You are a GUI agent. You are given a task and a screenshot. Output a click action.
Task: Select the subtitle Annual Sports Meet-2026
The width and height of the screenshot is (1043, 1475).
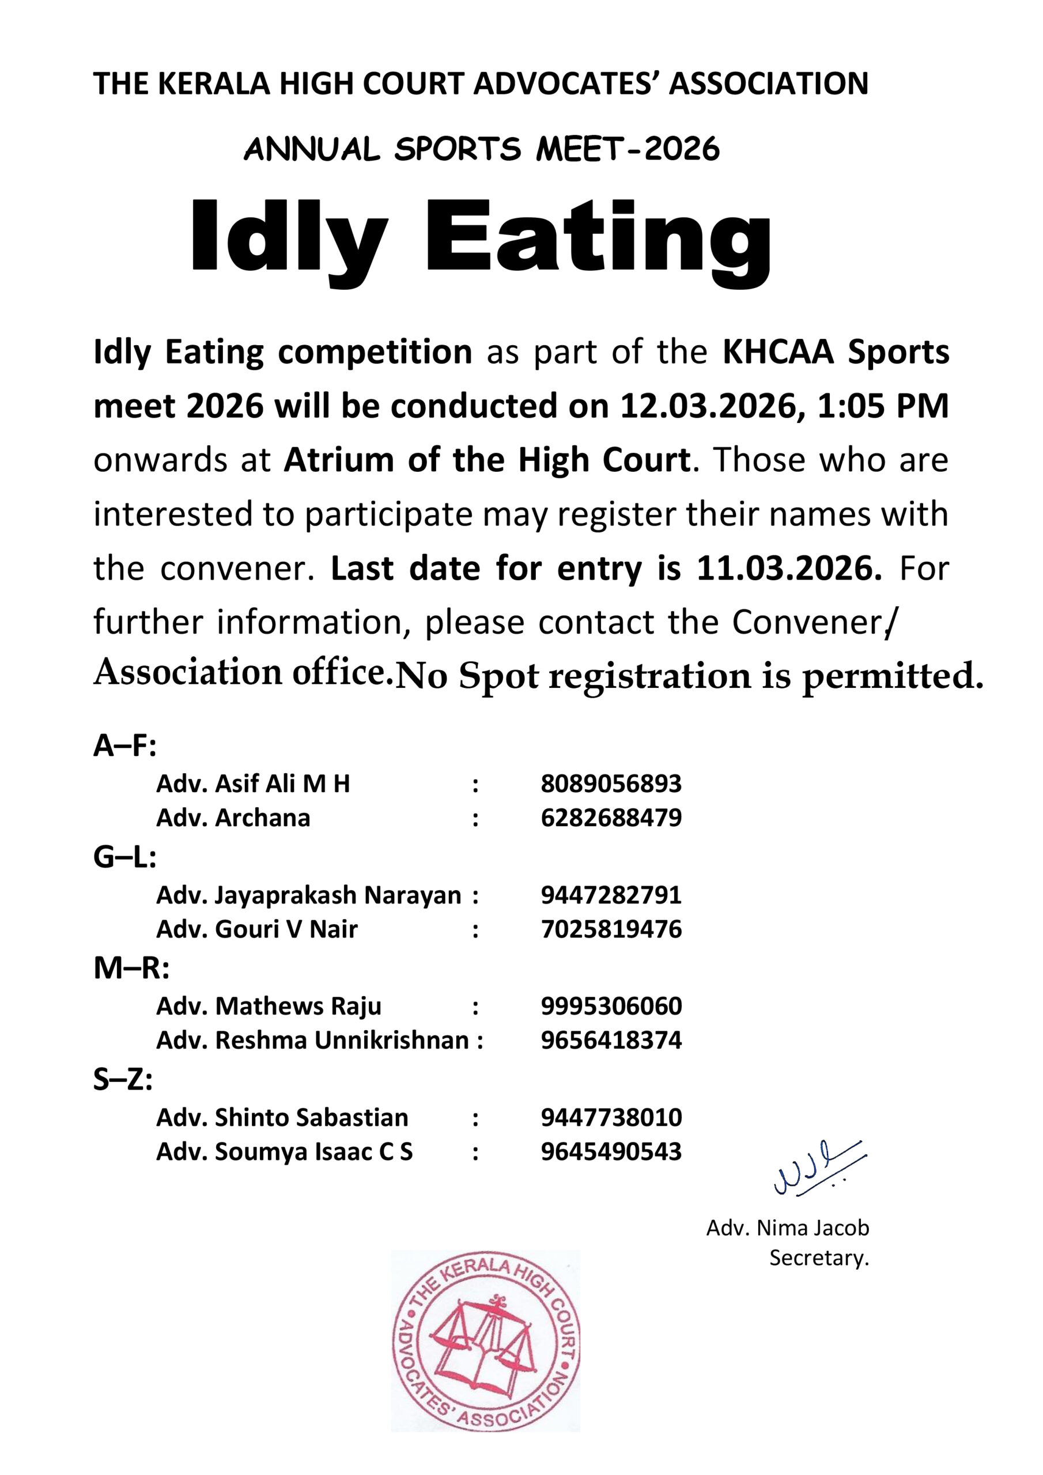(x=481, y=149)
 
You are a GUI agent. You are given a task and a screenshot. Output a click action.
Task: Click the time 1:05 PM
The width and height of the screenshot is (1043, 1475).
(x=883, y=406)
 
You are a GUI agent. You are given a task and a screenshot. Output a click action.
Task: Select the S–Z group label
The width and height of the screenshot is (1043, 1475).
(x=123, y=1080)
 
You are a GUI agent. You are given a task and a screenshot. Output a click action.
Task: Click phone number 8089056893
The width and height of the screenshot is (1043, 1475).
(x=610, y=784)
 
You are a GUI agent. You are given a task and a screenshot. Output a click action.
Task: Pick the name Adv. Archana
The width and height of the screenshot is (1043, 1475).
(x=233, y=818)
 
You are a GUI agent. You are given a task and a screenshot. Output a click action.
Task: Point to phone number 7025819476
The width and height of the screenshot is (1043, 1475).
(x=610, y=929)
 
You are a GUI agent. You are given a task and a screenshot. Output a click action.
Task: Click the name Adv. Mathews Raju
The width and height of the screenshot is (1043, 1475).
(x=269, y=1006)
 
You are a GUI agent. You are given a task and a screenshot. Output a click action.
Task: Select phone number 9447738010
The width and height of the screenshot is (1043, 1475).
(x=610, y=1118)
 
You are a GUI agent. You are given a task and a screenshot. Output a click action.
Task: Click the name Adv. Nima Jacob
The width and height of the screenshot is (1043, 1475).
(x=787, y=1228)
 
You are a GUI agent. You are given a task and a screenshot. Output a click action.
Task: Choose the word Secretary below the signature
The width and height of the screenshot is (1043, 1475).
(x=818, y=1258)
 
